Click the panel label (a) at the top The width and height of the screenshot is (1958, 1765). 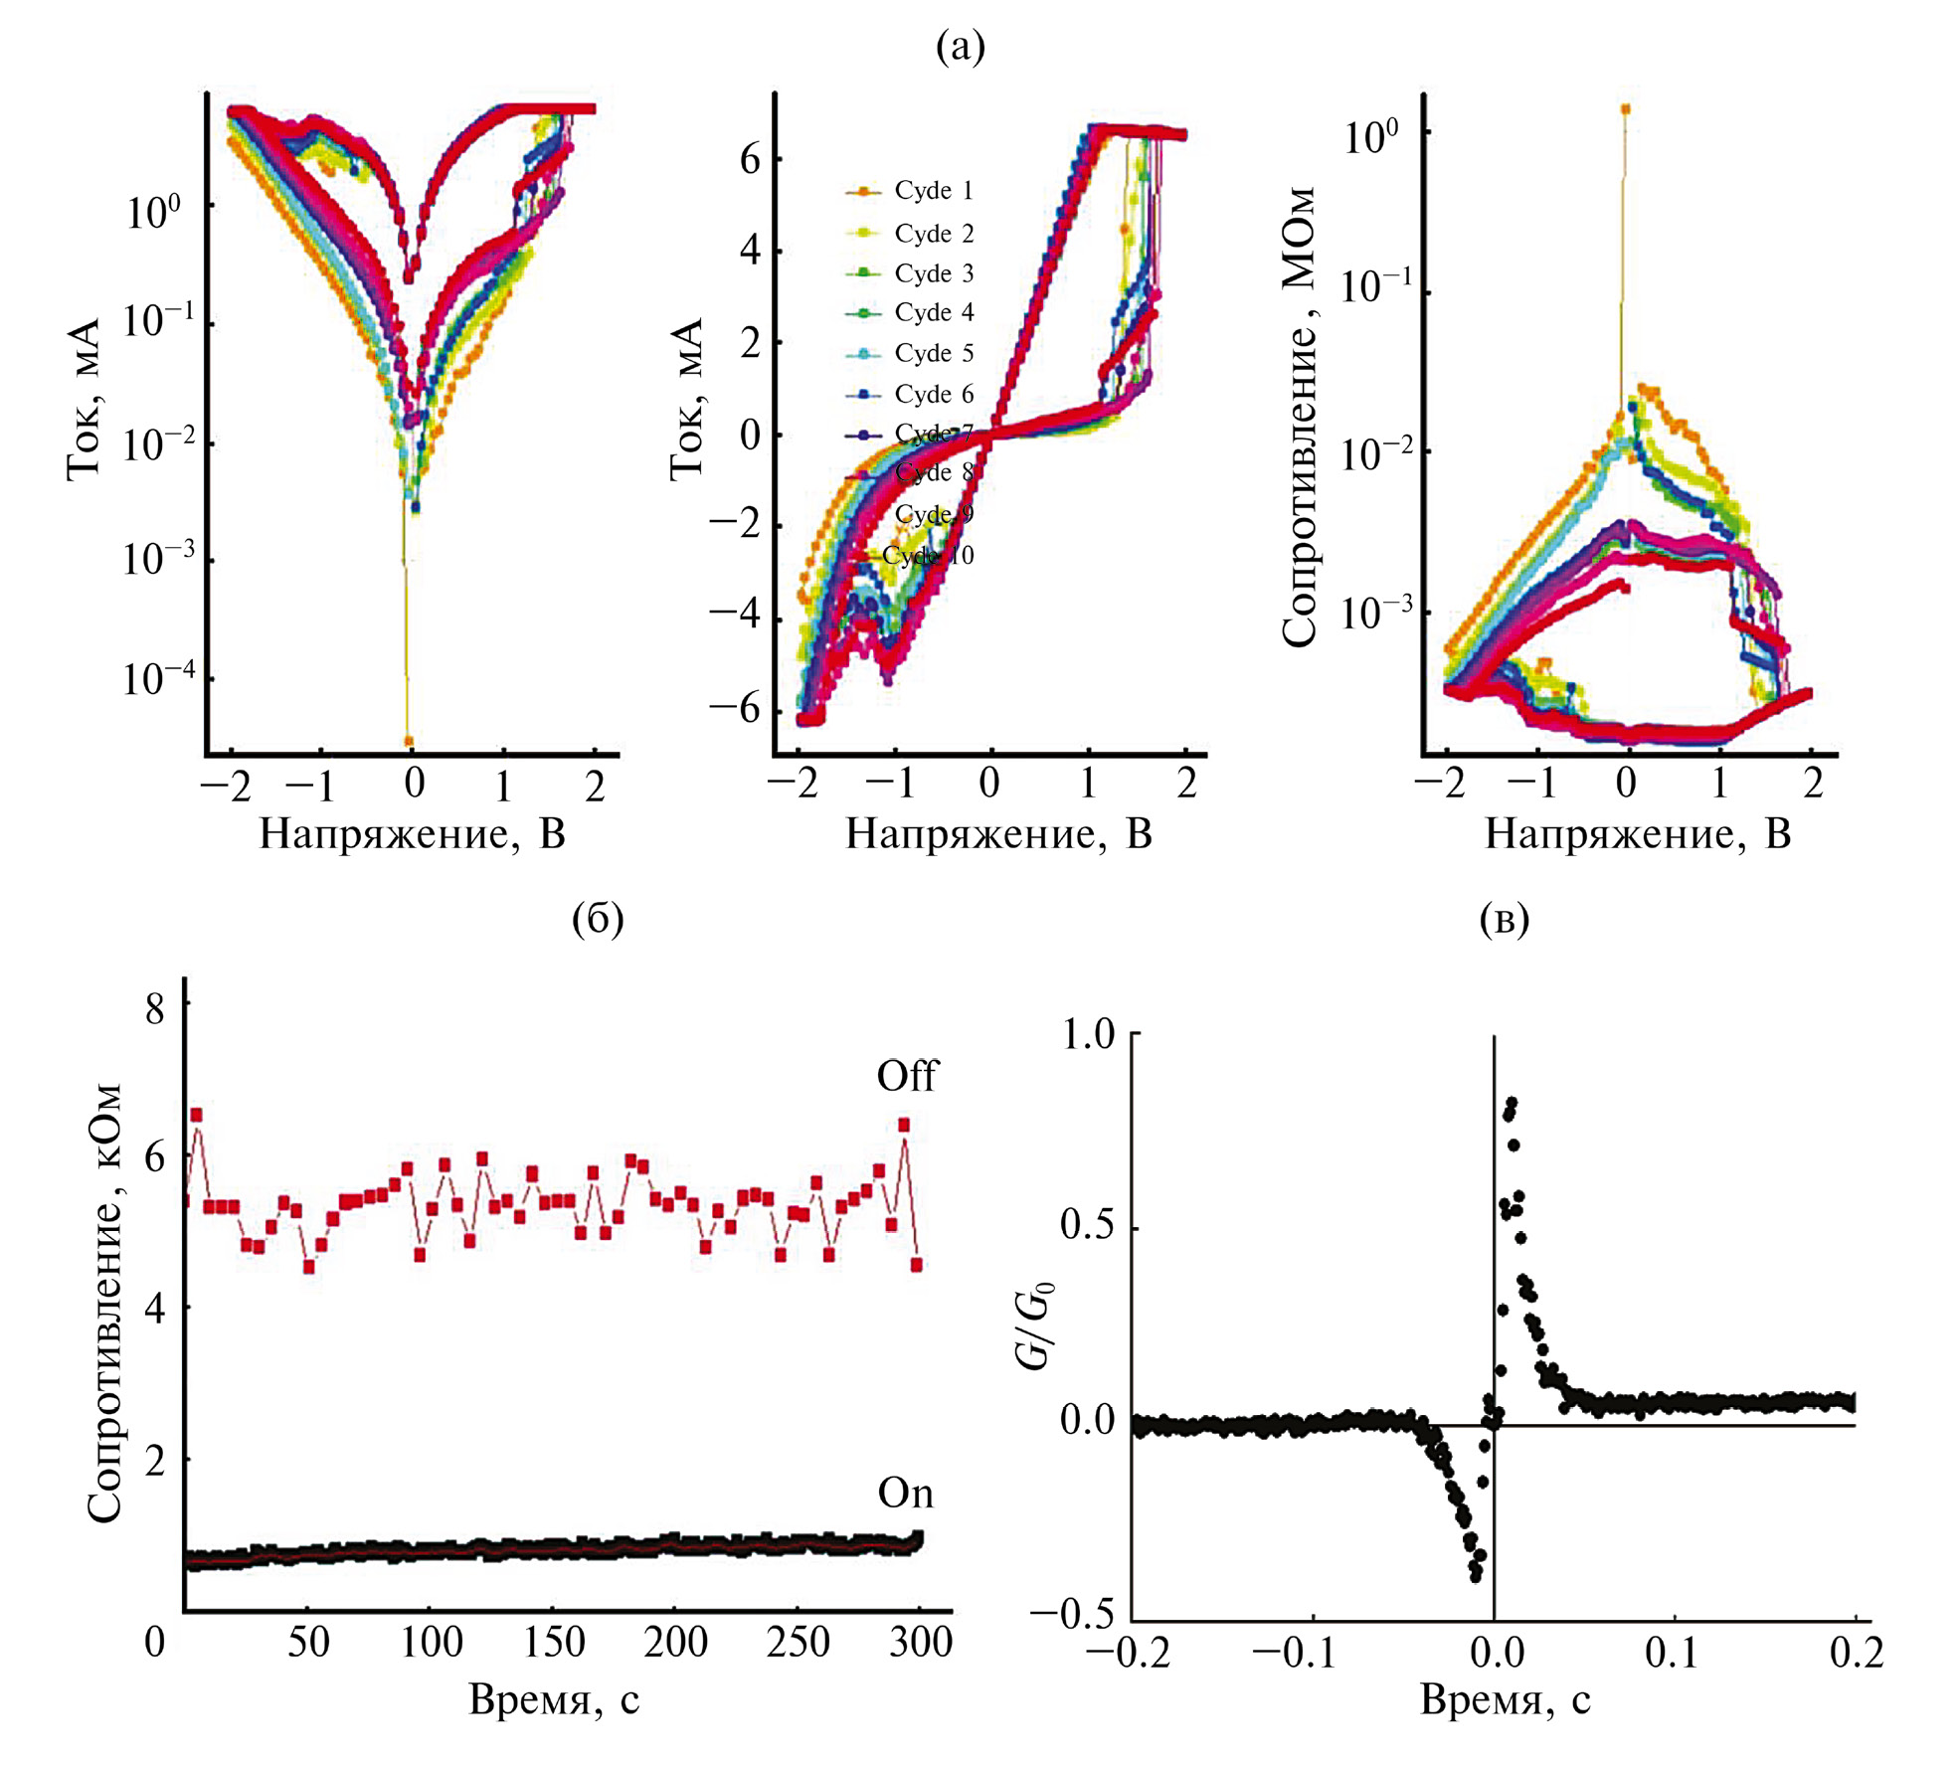tap(960, 46)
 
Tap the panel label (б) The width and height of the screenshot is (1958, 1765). tap(598, 918)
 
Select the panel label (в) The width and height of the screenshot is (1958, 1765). tap(1504, 918)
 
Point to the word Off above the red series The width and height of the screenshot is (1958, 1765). tap(906, 1077)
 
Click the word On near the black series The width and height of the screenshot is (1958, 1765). tap(905, 1494)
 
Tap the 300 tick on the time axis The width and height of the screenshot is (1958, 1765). tap(920, 1642)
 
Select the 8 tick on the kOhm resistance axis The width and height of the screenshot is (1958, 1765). tap(155, 1009)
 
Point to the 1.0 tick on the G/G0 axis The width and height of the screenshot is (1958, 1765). tap(1088, 1034)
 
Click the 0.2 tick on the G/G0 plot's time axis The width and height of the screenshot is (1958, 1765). tap(1856, 1653)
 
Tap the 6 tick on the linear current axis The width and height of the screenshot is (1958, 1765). tap(750, 159)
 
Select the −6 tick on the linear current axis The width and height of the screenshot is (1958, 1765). tap(734, 709)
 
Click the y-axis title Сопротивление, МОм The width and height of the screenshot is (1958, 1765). tap(1299, 418)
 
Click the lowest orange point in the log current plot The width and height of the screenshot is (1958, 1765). tap(408, 741)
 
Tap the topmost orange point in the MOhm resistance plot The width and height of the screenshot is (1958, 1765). tap(1625, 109)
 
